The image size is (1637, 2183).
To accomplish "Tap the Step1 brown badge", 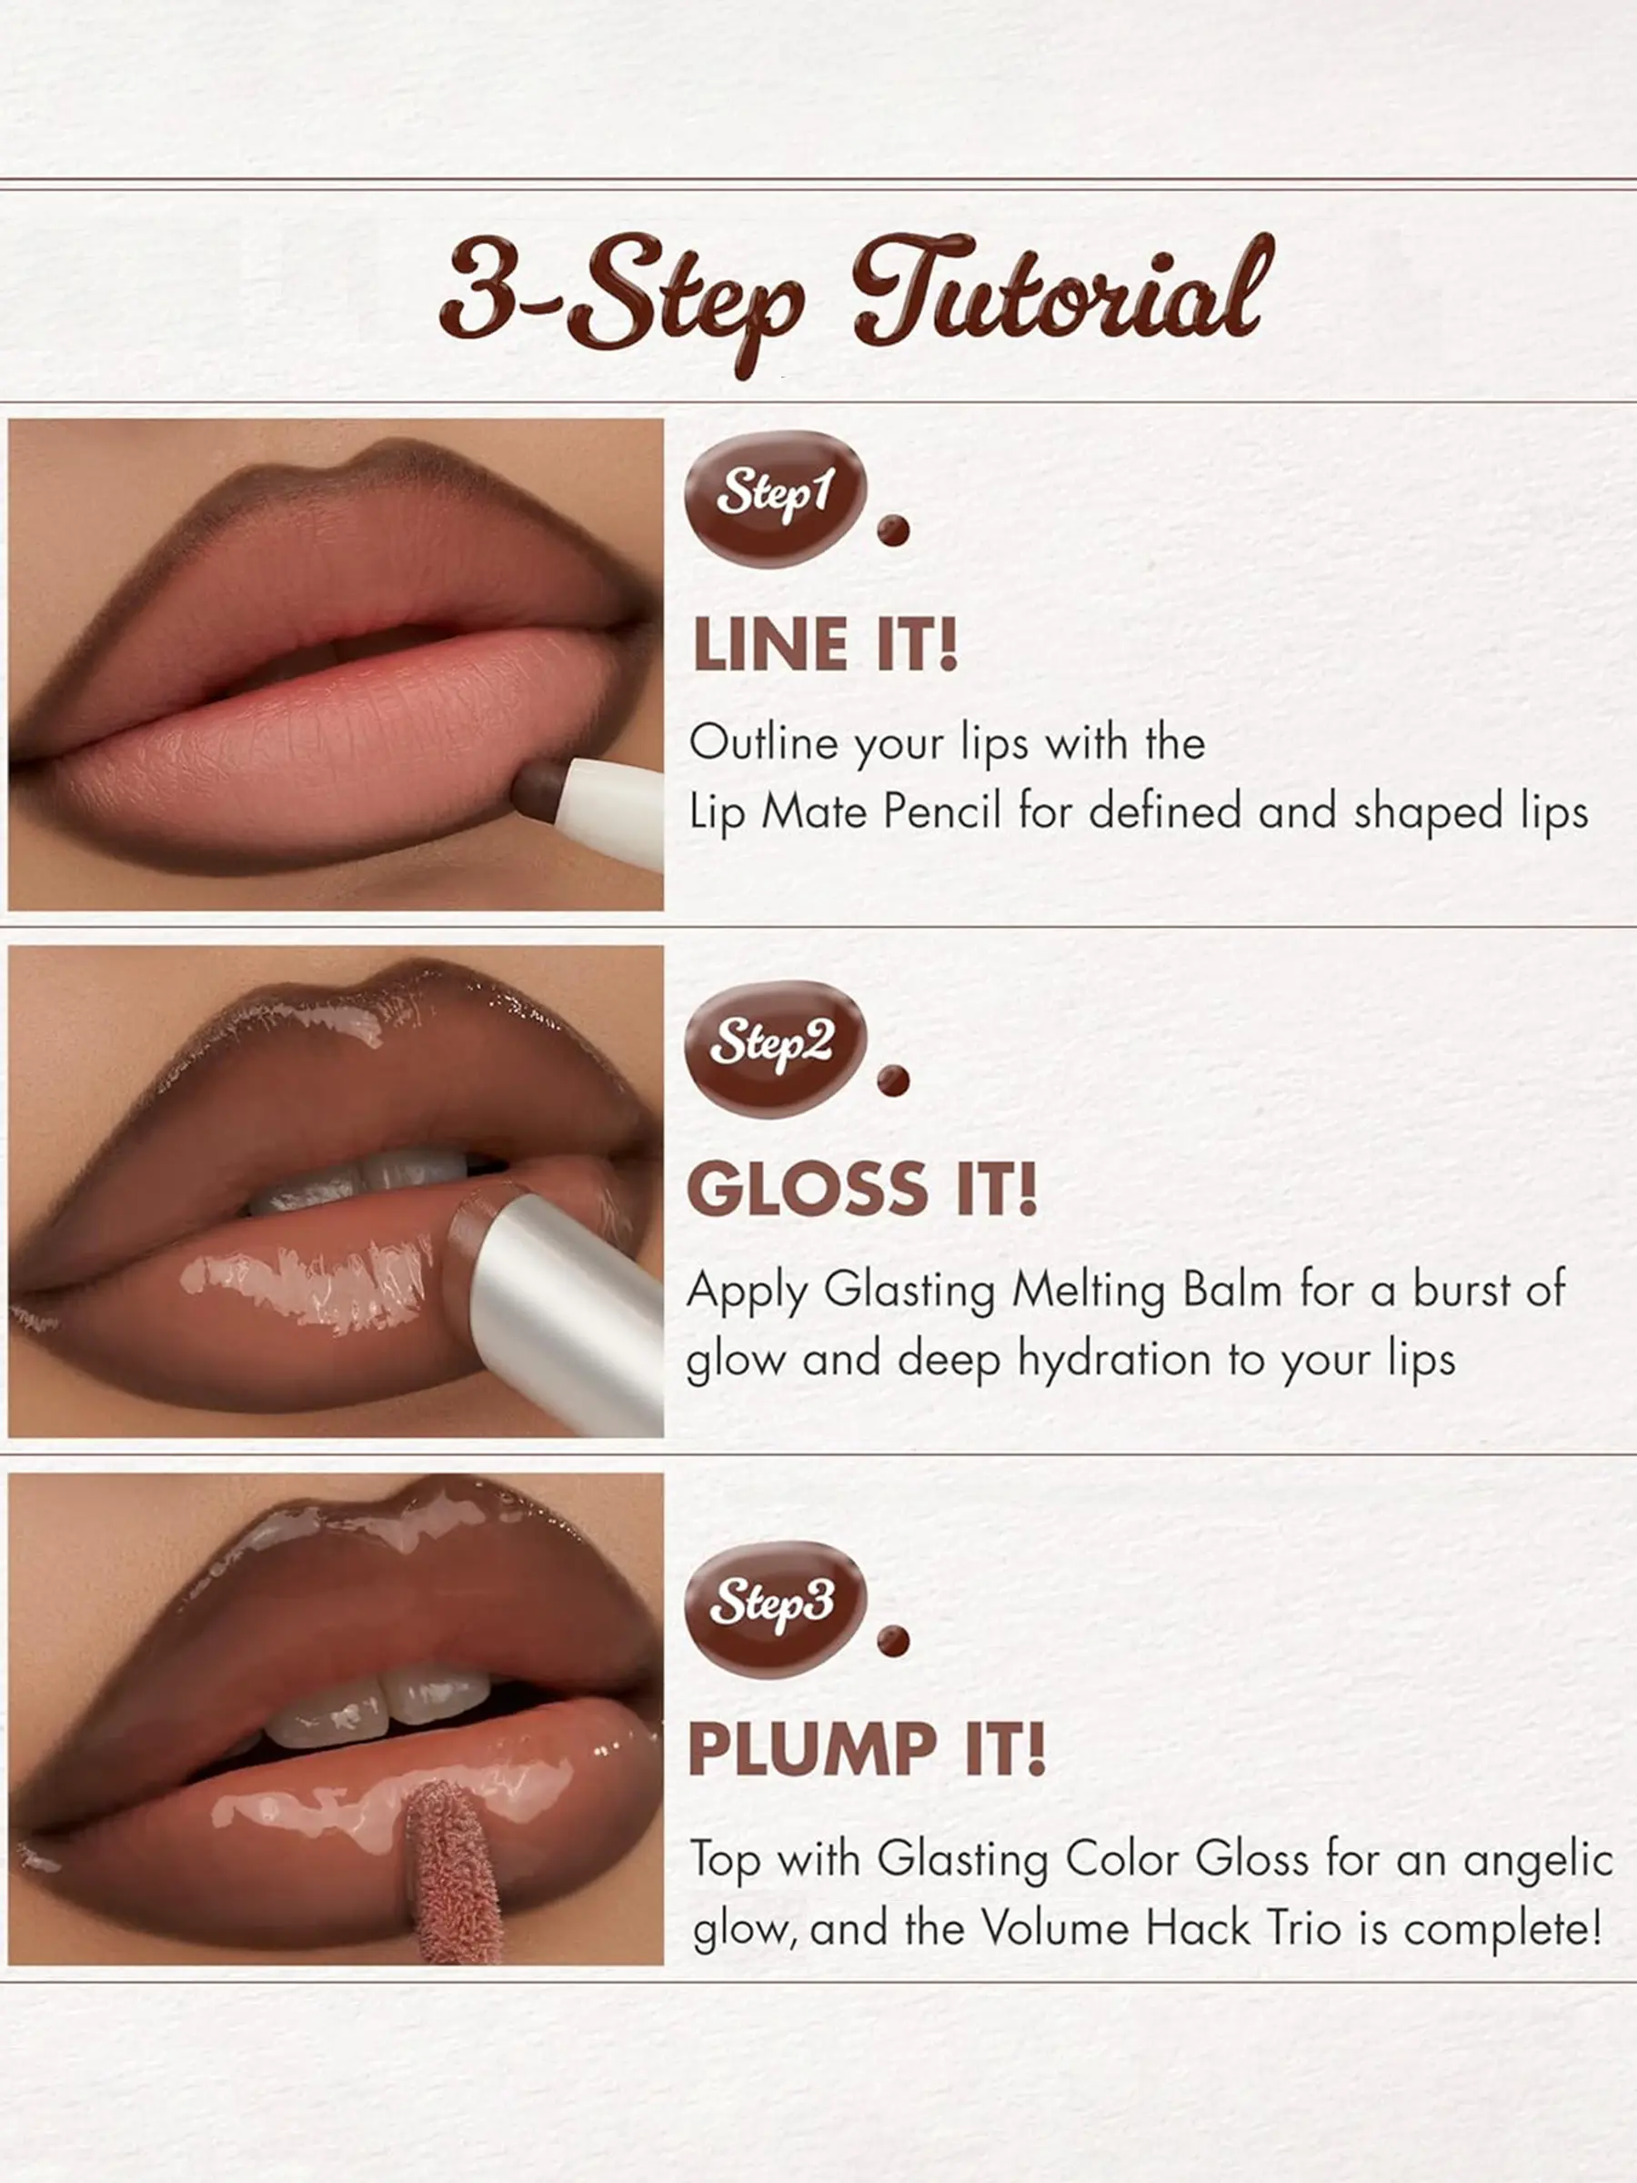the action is (x=776, y=498).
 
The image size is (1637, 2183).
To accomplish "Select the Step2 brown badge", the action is (x=776, y=1048).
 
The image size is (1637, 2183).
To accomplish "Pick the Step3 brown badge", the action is (x=776, y=1609).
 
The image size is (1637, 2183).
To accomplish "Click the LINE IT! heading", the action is (x=826, y=646).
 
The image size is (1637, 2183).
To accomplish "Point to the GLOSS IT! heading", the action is (x=862, y=1189).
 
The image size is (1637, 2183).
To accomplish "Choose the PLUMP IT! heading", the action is (x=867, y=1750).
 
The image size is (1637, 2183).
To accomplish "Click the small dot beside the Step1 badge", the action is (x=893, y=530).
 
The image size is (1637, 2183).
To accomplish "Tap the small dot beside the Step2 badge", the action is (x=893, y=1081).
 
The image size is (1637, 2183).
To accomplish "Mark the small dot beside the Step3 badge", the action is (x=893, y=1642).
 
